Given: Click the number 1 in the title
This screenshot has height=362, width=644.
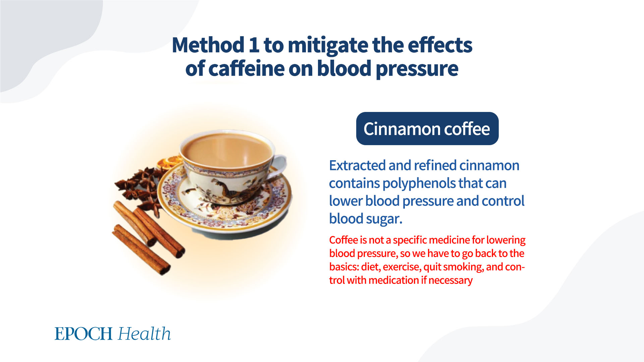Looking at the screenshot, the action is point(254,45).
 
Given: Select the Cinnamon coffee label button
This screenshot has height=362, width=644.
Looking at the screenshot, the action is point(427,129).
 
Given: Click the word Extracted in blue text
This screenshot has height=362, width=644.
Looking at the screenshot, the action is point(357,165).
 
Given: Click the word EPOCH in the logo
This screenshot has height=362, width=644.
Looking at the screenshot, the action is point(84,334).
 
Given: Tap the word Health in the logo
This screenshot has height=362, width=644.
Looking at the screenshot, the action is point(145,334).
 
